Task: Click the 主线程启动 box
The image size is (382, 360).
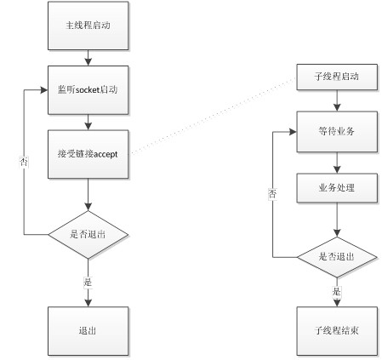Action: coord(88,26)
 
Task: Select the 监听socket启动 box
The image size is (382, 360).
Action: coord(88,90)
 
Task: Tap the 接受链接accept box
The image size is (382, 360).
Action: coord(88,154)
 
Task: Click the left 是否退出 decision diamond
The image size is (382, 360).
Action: coord(88,235)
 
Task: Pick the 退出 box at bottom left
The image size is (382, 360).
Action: coord(88,331)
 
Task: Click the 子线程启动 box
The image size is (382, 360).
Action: coord(337,77)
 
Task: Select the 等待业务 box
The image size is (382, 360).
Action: coord(337,132)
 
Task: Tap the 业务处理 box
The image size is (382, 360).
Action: coord(337,188)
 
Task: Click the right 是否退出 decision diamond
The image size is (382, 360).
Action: coord(337,257)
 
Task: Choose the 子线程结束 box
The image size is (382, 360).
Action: coord(337,331)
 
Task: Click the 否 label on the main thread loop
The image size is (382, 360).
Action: coord(24,162)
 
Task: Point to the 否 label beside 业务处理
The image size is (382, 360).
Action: coord(272,194)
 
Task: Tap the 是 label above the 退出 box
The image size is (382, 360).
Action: coord(88,282)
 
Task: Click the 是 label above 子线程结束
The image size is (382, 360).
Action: coord(337,291)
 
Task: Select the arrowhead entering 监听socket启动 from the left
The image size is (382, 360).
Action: coord(44,90)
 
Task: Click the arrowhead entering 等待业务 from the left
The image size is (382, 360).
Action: coord(293,132)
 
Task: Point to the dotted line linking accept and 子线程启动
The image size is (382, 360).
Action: coord(213,116)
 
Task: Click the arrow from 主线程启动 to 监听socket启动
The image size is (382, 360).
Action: coord(88,58)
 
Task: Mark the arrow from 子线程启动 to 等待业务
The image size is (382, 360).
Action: coord(337,100)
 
